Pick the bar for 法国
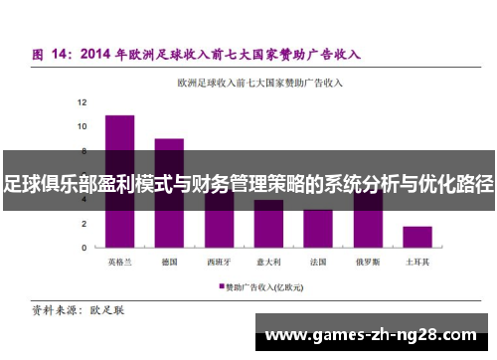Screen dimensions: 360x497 click(318, 229)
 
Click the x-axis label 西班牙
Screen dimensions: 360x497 click(219, 263)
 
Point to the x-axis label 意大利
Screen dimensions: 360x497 click(268, 263)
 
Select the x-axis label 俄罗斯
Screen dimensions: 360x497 click(368, 263)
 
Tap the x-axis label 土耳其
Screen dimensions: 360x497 click(417, 263)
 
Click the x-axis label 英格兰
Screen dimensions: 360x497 click(119, 263)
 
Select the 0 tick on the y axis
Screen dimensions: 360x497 click(83, 248)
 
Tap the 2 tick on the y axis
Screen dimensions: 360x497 click(83, 224)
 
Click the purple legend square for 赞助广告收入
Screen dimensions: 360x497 click(222, 285)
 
